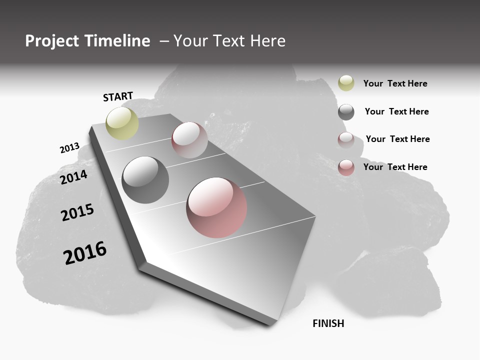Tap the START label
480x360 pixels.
click(x=118, y=96)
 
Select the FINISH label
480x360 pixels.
click(x=328, y=323)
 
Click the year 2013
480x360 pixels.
click(x=69, y=148)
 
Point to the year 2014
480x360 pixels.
click(x=74, y=177)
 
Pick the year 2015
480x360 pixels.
click(x=77, y=212)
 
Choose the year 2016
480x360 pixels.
click(x=85, y=253)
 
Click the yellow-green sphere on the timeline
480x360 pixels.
click(x=122, y=123)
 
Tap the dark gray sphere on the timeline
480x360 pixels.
click(x=145, y=180)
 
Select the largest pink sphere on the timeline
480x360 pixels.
click(x=216, y=207)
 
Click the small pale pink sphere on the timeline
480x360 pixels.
click(x=189, y=140)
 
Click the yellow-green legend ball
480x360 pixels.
click(x=346, y=83)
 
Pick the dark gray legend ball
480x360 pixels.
click(x=346, y=112)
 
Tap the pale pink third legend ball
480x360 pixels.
click(x=346, y=139)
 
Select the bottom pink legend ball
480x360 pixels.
click(x=346, y=167)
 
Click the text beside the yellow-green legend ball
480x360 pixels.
click(x=395, y=83)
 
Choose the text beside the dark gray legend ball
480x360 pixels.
click(x=396, y=111)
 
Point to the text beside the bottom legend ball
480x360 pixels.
click(x=395, y=167)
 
